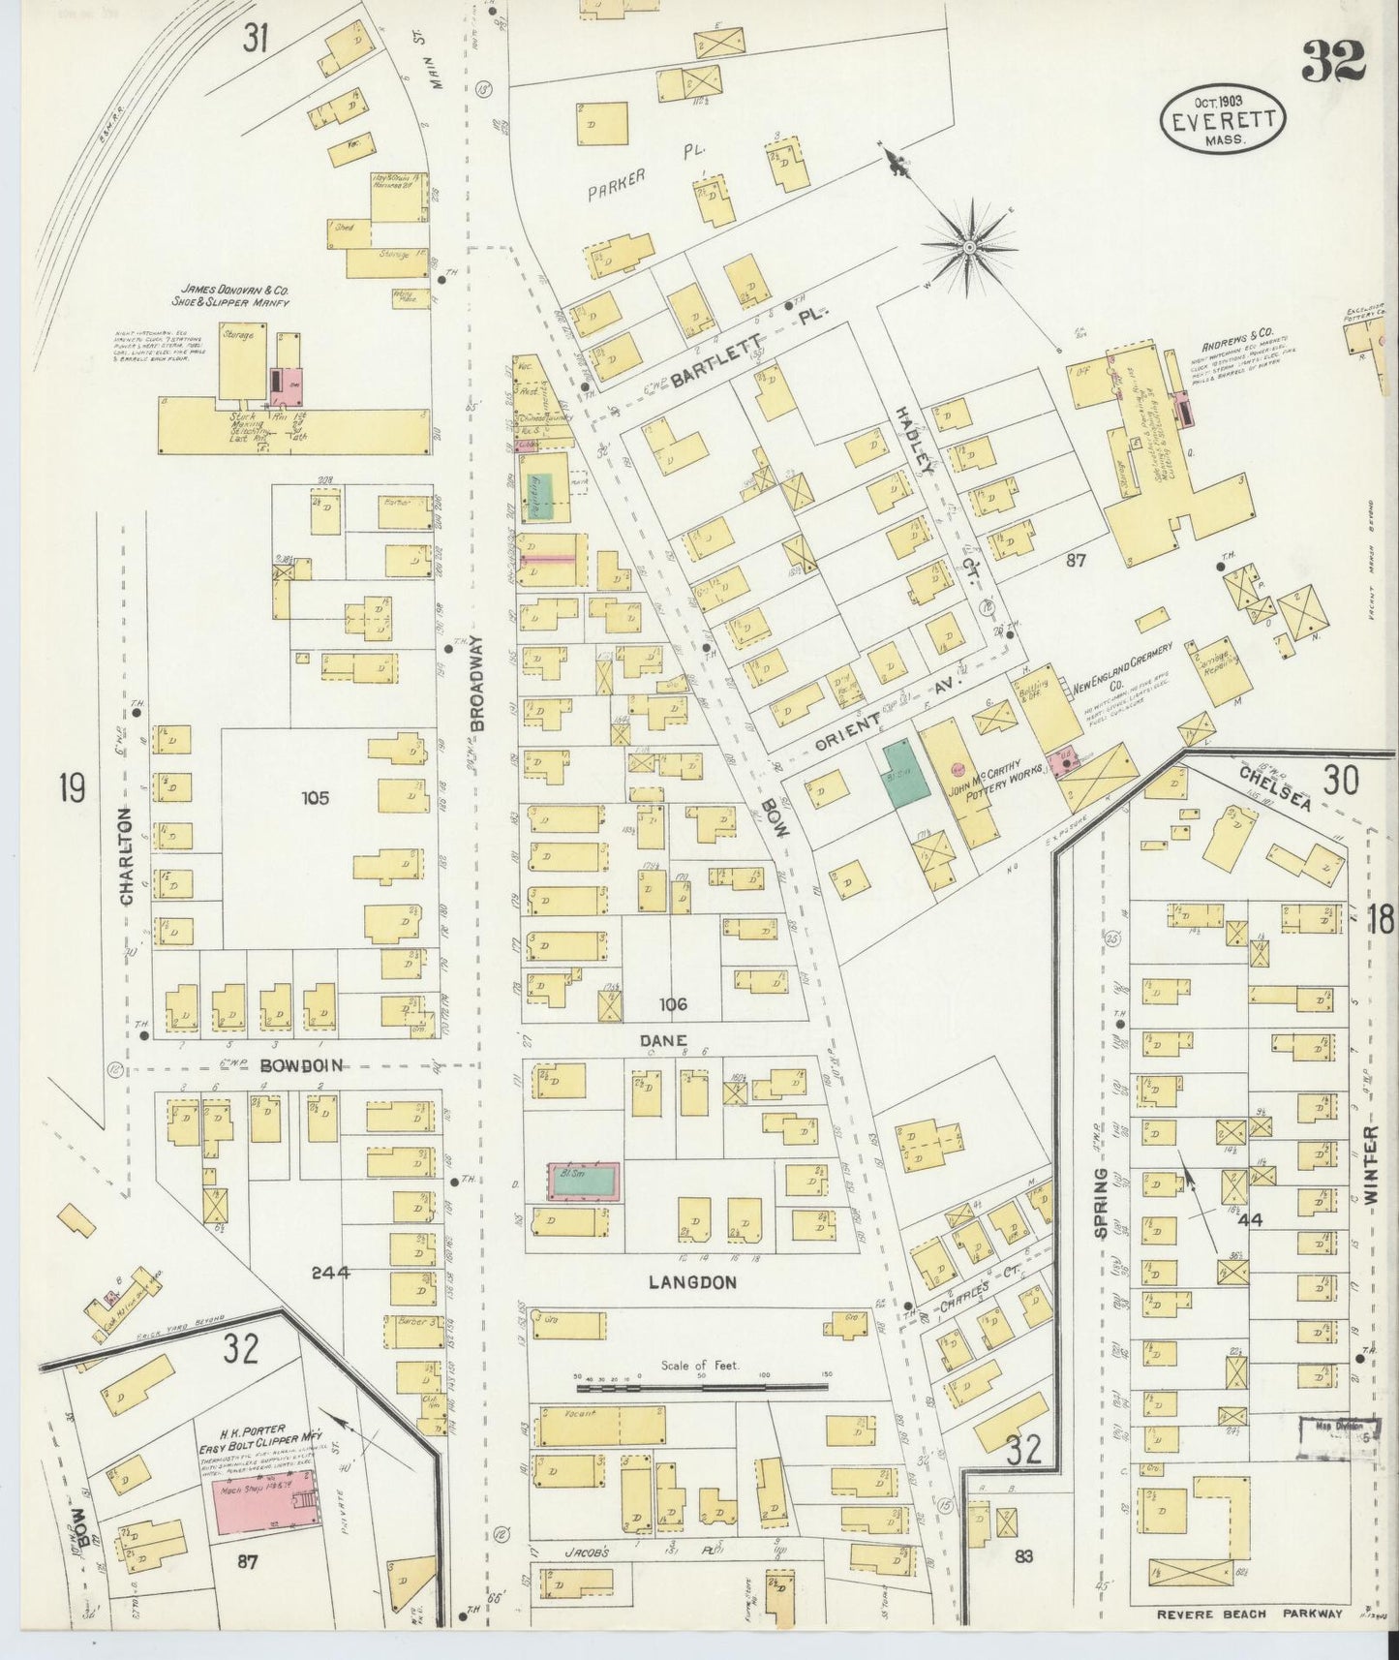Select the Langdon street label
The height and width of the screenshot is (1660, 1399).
(x=692, y=1282)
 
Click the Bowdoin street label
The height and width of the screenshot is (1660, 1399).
(x=302, y=1065)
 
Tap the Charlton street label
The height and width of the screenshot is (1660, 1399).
(x=126, y=857)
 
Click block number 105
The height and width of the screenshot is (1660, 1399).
(x=315, y=798)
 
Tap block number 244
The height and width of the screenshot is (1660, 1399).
(x=330, y=1273)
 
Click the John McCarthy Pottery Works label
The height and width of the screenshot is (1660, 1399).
(x=1003, y=776)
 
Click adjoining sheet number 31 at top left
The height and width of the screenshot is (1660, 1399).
(x=256, y=40)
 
